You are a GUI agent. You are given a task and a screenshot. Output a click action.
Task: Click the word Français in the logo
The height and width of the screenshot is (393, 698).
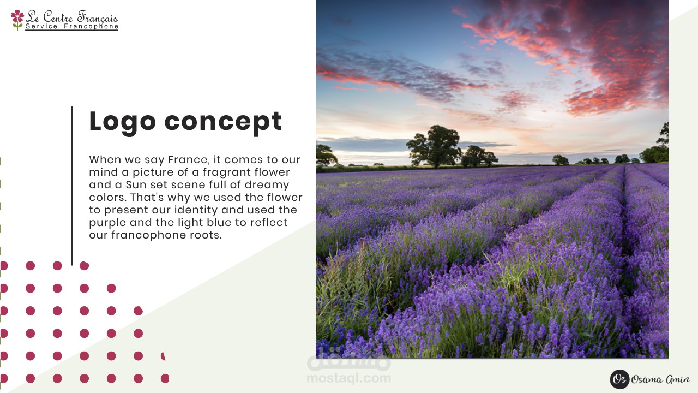(x=98, y=17)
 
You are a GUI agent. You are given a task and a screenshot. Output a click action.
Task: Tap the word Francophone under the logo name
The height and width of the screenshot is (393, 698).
(x=91, y=27)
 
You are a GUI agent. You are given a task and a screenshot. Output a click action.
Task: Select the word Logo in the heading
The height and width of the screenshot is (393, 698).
(x=123, y=122)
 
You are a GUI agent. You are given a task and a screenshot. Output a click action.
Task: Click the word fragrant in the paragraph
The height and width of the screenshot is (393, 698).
(x=227, y=172)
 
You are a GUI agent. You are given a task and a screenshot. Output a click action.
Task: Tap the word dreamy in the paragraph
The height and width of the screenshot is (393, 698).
(x=267, y=185)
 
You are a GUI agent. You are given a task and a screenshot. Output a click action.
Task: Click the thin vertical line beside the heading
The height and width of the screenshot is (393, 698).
(x=72, y=186)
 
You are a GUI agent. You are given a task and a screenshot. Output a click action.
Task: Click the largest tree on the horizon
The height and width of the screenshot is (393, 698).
(x=435, y=146)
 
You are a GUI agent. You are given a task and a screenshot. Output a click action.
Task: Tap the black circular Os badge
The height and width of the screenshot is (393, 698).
(x=619, y=379)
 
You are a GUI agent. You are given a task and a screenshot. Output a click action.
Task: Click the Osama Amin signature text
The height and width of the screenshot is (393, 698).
(x=660, y=379)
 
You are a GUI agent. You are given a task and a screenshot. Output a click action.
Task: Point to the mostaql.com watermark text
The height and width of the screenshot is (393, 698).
(x=348, y=378)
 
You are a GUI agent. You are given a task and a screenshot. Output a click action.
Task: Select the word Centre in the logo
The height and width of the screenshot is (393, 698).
(x=58, y=16)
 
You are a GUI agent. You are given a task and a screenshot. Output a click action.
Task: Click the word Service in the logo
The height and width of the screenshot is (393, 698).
(x=41, y=27)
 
